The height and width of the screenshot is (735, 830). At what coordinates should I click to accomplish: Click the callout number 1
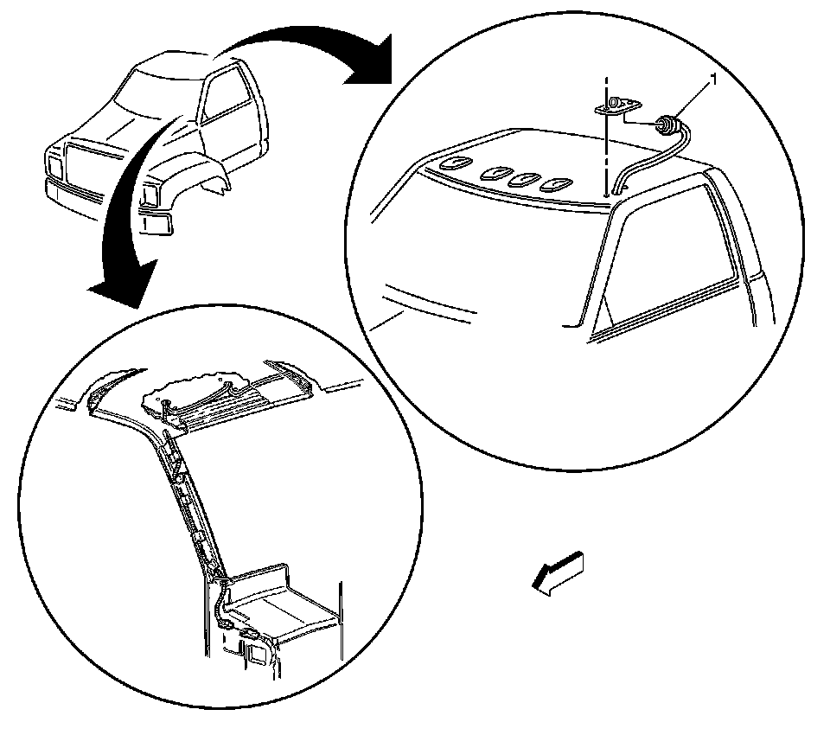tap(714, 80)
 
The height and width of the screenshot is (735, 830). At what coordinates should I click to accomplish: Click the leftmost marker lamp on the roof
tap(450, 163)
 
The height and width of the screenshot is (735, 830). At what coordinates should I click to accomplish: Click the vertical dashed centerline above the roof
tap(607, 147)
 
